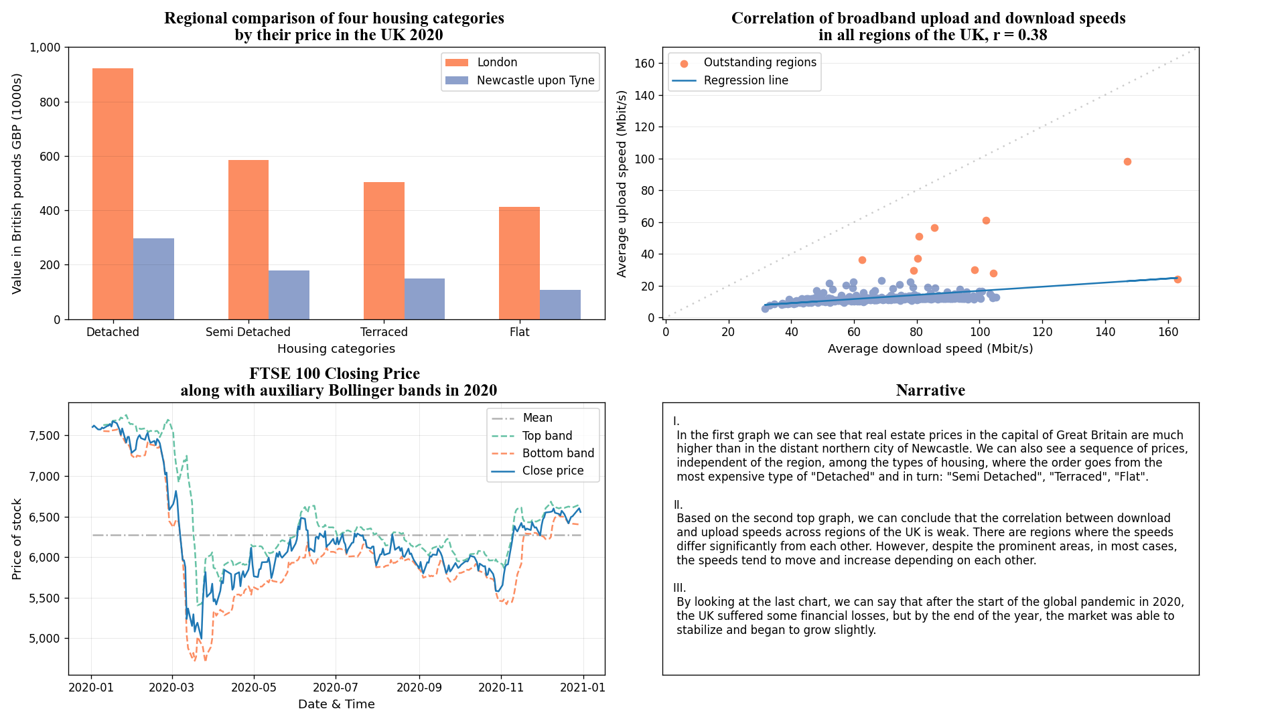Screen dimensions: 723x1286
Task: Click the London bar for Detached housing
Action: pos(113,194)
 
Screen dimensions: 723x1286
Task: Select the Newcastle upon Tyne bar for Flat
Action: pos(560,305)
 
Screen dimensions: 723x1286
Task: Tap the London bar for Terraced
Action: pos(384,251)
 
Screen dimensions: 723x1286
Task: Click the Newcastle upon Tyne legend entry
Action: pos(535,80)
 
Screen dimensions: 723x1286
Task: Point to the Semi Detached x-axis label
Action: pos(248,332)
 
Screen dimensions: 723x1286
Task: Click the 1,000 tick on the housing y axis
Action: pos(45,48)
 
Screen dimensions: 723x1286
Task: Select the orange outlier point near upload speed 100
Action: pos(1127,161)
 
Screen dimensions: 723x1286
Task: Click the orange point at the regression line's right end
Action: pos(1177,279)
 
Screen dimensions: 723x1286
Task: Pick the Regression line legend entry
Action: pos(745,80)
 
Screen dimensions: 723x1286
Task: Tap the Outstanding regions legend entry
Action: pos(760,62)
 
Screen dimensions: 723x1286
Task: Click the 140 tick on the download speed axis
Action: pos(1105,332)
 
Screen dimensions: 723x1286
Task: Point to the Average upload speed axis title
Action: pos(622,183)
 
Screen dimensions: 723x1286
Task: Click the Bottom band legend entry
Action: pos(558,453)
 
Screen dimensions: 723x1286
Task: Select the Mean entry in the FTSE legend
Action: pos(537,418)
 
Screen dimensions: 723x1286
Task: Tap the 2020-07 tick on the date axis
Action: pos(336,688)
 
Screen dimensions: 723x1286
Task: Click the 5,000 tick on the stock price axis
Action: pos(45,639)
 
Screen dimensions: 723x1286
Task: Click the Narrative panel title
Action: pos(930,390)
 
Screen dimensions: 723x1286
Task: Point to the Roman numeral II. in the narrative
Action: pos(678,505)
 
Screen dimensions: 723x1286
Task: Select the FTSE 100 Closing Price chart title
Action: pos(335,374)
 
